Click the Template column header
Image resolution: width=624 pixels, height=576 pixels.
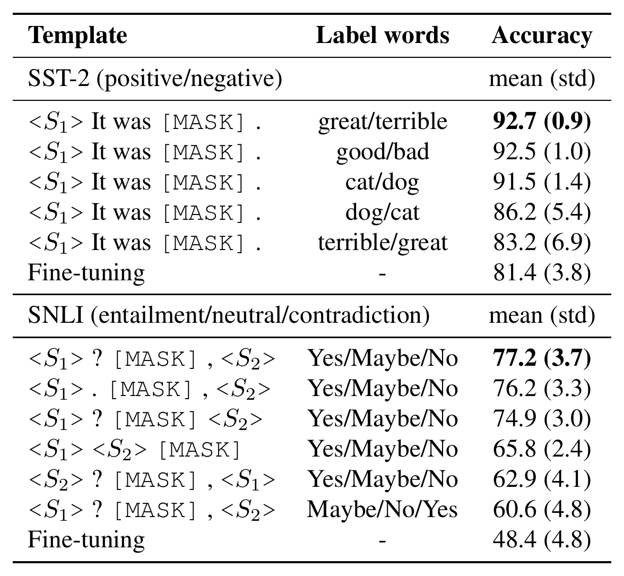(77, 36)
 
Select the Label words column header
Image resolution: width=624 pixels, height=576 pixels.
(383, 35)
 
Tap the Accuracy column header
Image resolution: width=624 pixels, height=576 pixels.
(542, 36)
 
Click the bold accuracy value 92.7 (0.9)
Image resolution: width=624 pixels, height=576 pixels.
(542, 122)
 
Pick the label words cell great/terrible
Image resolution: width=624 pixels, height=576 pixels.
(383, 122)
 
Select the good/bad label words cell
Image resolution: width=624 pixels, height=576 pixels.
(383, 152)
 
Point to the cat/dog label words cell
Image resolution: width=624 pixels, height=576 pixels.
(383, 182)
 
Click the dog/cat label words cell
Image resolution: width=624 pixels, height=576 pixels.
(383, 212)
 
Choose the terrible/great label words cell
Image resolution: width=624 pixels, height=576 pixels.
(383, 243)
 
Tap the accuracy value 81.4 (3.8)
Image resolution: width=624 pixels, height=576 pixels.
(542, 273)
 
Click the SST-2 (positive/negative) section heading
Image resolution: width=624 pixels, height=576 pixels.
(155, 79)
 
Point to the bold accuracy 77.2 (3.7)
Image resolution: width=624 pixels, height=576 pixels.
(542, 358)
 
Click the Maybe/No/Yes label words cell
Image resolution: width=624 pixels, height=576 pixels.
(382, 509)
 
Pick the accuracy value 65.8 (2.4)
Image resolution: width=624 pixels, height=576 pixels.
(542, 449)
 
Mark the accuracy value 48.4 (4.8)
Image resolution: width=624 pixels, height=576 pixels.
(542, 539)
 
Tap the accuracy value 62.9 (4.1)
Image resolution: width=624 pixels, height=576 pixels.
(542, 479)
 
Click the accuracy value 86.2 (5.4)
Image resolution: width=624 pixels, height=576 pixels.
(542, 212)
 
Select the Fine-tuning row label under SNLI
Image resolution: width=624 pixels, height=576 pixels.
(86, 540)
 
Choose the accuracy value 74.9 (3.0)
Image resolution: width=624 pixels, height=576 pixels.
(542, 418)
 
